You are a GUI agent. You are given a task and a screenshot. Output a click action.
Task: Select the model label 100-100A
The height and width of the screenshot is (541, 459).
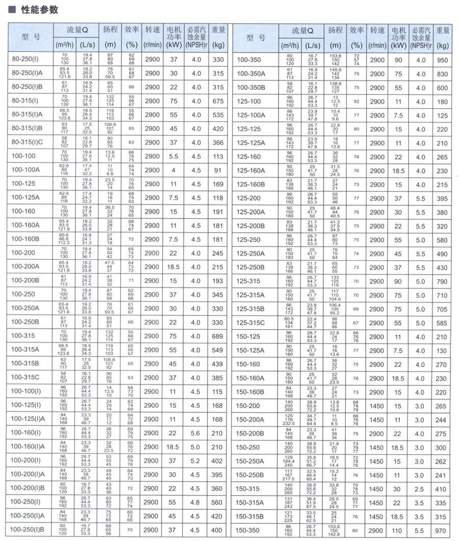tap(24, 170)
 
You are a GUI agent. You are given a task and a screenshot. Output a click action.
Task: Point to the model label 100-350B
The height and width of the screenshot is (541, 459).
tap(251, 88)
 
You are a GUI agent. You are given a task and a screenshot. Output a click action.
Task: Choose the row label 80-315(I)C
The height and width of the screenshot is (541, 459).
tap(28, 143)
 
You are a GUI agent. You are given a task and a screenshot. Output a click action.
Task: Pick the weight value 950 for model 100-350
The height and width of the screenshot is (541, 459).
tap(442, 60)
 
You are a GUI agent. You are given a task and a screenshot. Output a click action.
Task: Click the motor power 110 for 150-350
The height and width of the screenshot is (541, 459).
tap(398, 531)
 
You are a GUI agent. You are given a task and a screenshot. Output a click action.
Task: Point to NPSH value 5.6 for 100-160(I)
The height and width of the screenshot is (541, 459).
tap(196, 433)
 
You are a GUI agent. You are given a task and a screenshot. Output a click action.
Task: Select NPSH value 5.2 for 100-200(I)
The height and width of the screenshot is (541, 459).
tap(196, 461)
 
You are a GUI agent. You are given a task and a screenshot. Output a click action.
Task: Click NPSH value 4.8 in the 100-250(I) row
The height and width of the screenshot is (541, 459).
tap(196, 502)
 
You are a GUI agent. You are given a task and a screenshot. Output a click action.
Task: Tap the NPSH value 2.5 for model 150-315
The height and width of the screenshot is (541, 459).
tap(419, 489)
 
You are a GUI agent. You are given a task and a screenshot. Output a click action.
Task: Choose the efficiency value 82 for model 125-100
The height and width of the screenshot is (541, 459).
tap(356, 102)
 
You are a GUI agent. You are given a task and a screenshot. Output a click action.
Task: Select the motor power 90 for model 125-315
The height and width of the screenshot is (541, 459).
tap(398, 281)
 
